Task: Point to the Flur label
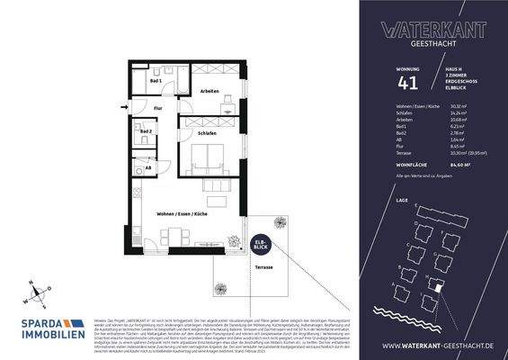[x=156, y=107]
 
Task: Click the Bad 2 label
[x=147, y=131]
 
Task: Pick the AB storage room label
[x=148, y=168]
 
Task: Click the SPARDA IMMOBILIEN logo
[x=46, y=327]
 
